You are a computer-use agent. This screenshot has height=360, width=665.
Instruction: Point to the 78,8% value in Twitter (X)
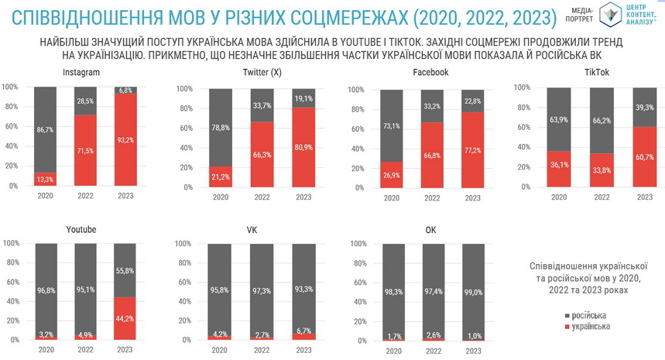(221, 128)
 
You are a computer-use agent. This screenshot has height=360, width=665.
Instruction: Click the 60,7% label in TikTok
(644, 156)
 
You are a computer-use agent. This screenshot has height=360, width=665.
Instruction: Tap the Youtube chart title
(81, 229)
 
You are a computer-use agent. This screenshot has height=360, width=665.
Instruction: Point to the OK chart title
(431, 229)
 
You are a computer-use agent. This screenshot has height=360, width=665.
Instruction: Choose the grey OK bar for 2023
(475, 291)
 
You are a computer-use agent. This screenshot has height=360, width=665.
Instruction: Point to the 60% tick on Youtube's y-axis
(12, 282)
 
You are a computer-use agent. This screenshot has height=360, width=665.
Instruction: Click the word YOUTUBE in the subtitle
(430, 41)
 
